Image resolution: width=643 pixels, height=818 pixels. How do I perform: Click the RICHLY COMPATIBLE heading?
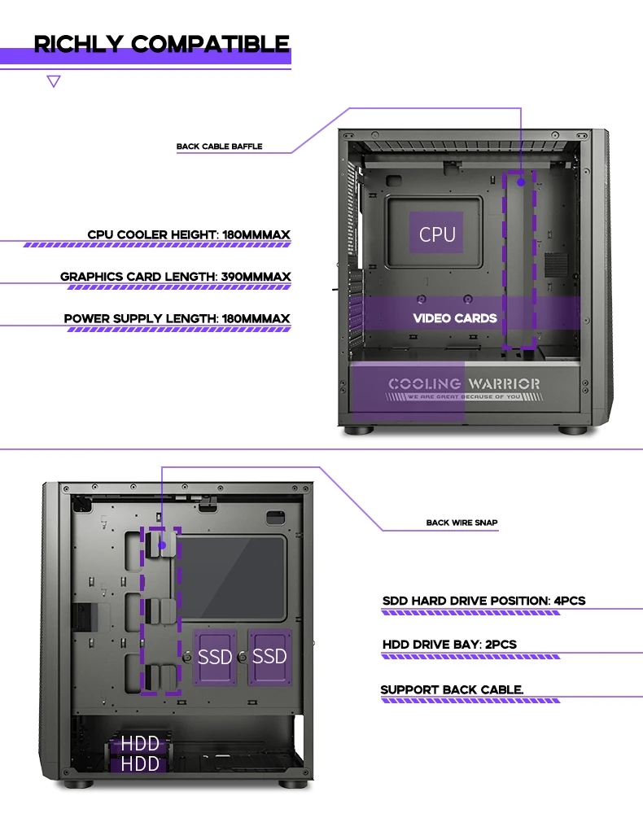161,44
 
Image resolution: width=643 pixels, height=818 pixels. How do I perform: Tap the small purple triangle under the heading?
54,81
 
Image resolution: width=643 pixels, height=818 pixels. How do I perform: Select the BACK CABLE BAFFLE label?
220,147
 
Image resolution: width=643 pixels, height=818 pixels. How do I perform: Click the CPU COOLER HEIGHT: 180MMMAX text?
189,235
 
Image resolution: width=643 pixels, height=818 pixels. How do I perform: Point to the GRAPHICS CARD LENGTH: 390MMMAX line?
175,277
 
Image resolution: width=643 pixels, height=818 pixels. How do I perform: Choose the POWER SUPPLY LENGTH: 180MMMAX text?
177,318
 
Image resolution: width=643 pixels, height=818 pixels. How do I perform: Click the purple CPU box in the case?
437,234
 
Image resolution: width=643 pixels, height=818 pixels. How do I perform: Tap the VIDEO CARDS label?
455,318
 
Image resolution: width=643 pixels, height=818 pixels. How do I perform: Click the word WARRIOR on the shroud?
503,383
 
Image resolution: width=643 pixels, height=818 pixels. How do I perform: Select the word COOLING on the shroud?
424,383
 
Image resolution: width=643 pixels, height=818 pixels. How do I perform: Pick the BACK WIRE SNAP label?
461,523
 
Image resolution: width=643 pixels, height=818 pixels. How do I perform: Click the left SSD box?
215,656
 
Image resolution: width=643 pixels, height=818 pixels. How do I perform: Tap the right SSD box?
269,656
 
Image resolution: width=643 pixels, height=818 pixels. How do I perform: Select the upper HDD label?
140,744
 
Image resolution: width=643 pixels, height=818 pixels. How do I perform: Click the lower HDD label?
140,763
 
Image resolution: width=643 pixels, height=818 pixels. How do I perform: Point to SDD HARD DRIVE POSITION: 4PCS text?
483,601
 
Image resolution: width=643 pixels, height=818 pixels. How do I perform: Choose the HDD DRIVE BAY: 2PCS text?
449,645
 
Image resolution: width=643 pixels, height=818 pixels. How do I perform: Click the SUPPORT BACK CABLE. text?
452,690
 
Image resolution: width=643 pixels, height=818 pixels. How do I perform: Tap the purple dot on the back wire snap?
161,545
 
